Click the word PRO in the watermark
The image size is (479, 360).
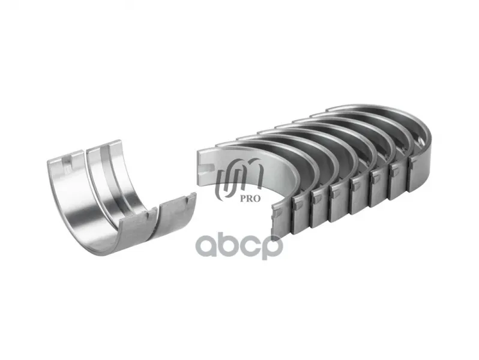[250, 199]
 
